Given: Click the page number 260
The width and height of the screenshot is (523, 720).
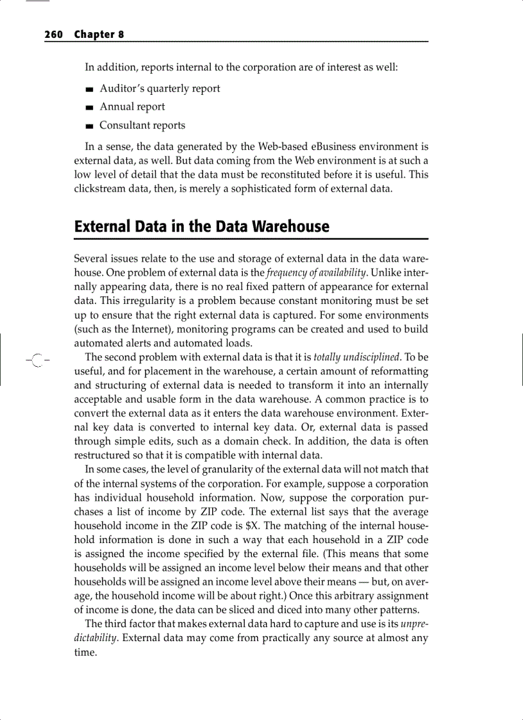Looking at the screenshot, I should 53,35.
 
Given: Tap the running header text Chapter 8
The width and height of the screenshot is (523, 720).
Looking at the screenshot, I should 99,35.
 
